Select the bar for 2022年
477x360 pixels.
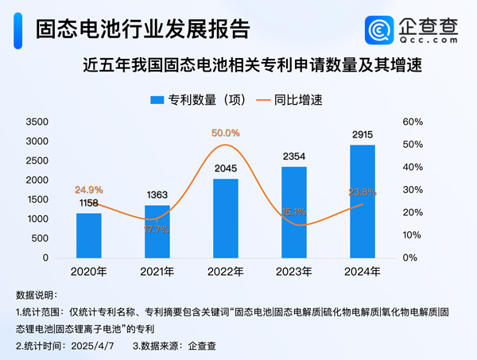[x=226, y=219]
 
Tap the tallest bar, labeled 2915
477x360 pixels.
[x=363, y=202]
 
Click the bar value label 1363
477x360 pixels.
[x=157, y=195]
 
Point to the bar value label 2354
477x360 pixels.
[x=294, y=157]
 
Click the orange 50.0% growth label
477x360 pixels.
[x=226, y=133]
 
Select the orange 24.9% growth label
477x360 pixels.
[x=89, y=190]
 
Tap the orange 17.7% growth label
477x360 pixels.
[x=157, y=229]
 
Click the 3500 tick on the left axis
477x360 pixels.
[x=37, y=122]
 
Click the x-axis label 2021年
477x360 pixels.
[x=157, y=272]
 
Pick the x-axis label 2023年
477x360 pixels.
[x=294, y=272]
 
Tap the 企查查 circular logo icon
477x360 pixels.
[x=378, y=30]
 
